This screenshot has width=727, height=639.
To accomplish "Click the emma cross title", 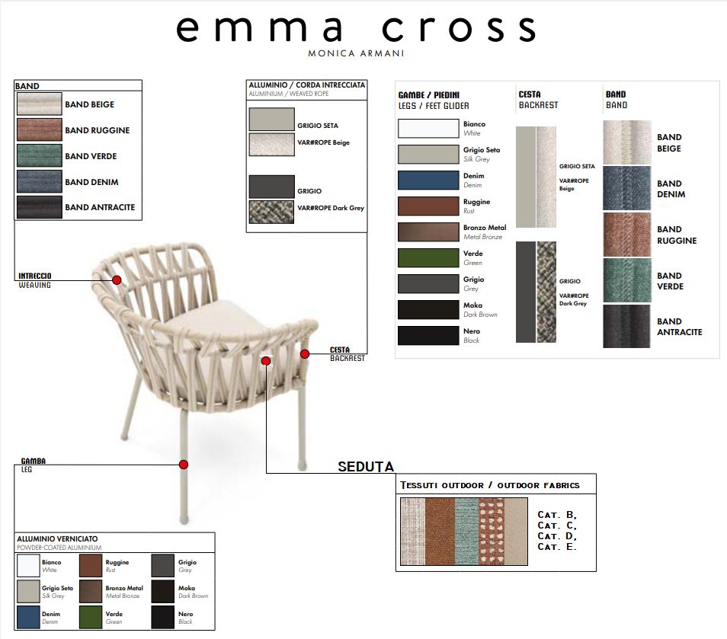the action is coord(356,29).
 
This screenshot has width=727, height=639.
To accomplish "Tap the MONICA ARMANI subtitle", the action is coord(356,53).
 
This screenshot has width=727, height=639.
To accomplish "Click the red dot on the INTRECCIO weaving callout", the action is coord(117,280).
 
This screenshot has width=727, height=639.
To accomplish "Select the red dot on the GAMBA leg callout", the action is coord(184,465).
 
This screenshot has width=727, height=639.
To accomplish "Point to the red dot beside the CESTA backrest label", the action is coord(305,354).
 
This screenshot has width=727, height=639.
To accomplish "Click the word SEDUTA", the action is coord(366,467).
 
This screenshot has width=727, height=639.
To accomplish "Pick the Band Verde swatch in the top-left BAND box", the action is coord(40,155).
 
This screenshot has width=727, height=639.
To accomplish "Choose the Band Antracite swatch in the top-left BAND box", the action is coord(40,207).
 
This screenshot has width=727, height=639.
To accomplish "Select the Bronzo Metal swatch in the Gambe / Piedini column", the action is coord(428,232).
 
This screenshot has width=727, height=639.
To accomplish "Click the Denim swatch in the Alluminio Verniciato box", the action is coord(28,617).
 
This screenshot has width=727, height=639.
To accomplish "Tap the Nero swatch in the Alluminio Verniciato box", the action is coord(163,617).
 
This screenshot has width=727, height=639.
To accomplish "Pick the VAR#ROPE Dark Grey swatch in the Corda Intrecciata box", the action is coord(272,212).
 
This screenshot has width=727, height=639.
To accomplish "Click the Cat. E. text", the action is coord(557,547).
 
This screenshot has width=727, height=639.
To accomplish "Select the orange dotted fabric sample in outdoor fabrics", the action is coord(491,532).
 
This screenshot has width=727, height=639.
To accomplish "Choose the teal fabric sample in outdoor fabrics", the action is coord(466,532).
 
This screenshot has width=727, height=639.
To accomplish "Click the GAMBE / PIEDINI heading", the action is coord(428,95).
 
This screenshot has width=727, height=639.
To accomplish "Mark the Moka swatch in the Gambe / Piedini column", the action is coord(428,310).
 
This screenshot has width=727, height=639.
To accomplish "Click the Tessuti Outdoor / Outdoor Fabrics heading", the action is coord(489,485).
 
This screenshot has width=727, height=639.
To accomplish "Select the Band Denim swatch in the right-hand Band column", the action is coord(627,189).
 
